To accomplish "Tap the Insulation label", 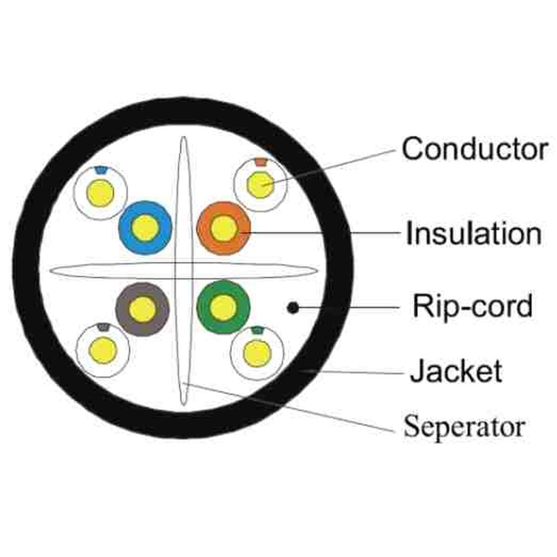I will (x=473, y=233).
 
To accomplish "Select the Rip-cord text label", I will (x=473, y=306).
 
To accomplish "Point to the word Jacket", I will (x=456, y=371).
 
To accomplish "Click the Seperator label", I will (x=464, y=426).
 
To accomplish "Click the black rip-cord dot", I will (x=292, y=307).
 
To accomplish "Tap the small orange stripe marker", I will (x=261, y=162).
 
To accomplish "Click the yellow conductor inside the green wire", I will (x=223, y=307).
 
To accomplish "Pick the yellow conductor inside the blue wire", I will (x=145, y=227).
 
